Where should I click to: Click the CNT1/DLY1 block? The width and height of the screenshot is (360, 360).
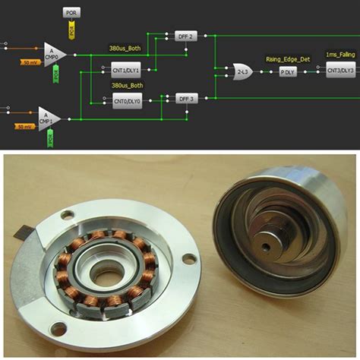(127, 70)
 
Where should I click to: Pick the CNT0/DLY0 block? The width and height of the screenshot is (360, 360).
(127, 101)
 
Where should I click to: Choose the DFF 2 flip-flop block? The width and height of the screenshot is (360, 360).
(186, 36)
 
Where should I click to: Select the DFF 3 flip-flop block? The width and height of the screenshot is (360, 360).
(186, 99)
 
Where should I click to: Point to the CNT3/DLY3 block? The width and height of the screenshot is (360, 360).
(339, 70)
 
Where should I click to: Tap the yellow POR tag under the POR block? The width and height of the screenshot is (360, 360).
(72, 32)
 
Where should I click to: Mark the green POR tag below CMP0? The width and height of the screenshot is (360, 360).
(55, 74)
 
